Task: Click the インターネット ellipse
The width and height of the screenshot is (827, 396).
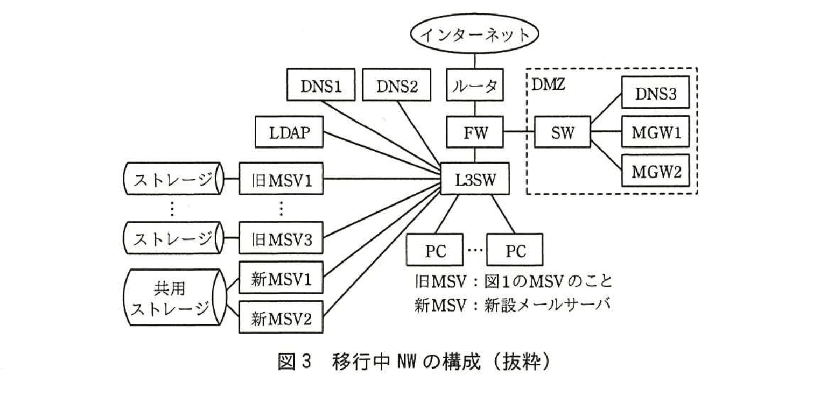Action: pyautogui.click(x=474, y=37)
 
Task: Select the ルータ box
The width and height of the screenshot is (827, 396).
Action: pyautogui.click(x=474, y=86)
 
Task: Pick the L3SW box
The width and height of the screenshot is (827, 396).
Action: pyautogui.click(x=474, y=177)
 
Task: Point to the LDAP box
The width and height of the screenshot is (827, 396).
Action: pyautogui.click(x=289, y=132)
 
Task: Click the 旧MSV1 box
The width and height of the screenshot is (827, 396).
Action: pyautogui.click(x=282, y=178)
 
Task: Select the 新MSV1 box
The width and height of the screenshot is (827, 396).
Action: pyautogui.click(x=282, y=280)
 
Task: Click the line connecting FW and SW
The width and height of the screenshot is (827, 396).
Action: pyautogui.click(x=518, y=132)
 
